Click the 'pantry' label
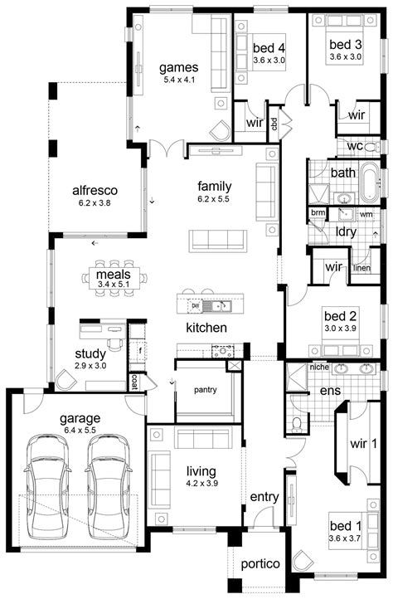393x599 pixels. [x=205, y=389]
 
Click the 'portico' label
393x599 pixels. [x=260, y=563]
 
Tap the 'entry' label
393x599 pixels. [x=264, y=496]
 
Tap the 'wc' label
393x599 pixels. [x=354, y=147]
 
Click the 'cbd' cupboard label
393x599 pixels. [x=274, y=124]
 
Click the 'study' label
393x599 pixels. [x=90, y=353]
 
